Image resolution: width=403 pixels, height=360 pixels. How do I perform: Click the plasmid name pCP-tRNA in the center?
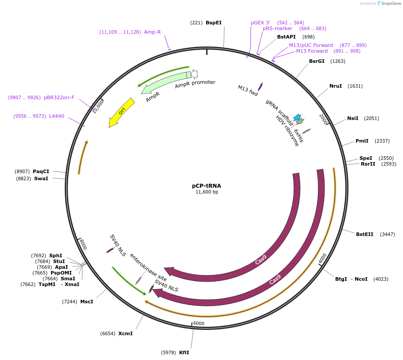207,186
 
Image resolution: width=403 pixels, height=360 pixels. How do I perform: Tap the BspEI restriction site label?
213,23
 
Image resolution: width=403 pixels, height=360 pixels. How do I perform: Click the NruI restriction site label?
336,86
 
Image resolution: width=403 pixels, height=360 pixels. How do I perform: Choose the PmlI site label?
362,141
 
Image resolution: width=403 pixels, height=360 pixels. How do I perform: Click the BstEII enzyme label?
364,234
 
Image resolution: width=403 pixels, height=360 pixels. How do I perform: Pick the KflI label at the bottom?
184,352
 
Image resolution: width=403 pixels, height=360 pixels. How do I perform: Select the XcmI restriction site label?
125,333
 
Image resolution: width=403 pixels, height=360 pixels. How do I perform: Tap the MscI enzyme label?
86,302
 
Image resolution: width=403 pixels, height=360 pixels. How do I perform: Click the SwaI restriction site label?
41,178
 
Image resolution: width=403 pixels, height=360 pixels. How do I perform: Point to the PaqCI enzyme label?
41,171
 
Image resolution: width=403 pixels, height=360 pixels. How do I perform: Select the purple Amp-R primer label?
153,32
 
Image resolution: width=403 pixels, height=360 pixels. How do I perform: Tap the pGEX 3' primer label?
260,23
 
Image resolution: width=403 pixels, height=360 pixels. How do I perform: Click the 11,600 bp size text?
207,192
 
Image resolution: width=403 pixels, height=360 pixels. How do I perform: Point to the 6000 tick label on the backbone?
199,323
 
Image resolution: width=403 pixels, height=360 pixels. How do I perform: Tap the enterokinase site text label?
148,268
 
